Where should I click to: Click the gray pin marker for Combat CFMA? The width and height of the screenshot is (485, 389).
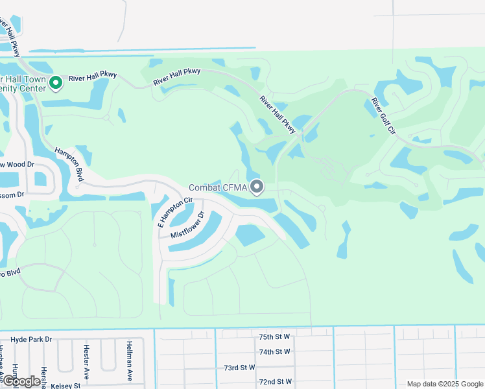pos(257,187)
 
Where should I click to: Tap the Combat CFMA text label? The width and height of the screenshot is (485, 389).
pos(218,188)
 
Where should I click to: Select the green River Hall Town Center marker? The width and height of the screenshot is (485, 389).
pos(56,83)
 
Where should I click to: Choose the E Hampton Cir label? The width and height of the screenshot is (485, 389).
pos(167,213)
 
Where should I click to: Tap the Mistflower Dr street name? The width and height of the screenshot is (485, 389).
pos(187,225)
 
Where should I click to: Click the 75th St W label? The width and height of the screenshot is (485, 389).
pos(274,338)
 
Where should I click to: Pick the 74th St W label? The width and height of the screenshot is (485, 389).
pos(274,352)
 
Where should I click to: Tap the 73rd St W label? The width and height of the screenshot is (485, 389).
pos(240,367)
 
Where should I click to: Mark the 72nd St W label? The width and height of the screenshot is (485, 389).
pos(274,381)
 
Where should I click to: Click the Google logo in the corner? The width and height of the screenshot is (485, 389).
pos(21,382)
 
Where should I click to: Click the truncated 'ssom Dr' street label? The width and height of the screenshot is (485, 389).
pos(12,194)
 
